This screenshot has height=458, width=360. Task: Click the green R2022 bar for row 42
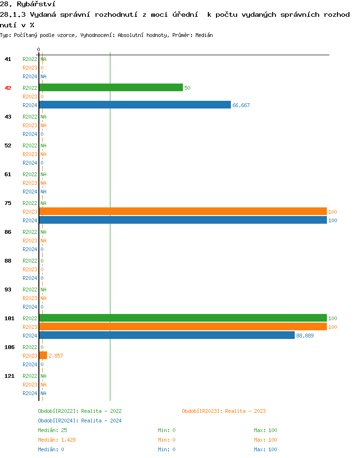(x=111, y=87)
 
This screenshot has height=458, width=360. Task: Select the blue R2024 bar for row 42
(x=135, y=105)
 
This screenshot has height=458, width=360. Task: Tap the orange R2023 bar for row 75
(x=182, y=211)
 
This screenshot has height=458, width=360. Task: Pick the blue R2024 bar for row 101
(x=167, y=335)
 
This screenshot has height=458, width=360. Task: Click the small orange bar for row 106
(x=43, y=355)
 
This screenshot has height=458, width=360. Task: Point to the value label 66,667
(x=241, y=105)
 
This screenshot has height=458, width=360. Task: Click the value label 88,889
(x=305, y=336)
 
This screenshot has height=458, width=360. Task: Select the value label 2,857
(x=56, y=356)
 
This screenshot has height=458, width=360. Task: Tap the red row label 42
(x=8, y=88)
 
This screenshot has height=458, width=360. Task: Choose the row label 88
(x=8, y=261)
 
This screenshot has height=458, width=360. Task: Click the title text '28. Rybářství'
(x=21, y=4)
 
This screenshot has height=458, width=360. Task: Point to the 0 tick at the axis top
(x=39, y=49)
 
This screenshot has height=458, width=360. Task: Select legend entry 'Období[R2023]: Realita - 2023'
(x=224, y=411)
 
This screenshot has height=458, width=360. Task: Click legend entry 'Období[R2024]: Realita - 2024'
(x=80, y=421)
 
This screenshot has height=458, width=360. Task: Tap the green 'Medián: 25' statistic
(x=52, y=430)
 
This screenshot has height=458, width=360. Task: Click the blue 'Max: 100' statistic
(x=265, y=449)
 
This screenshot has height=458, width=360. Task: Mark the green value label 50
(x=188, y=88)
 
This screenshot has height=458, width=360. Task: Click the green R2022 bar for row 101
(x=182, y=318)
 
